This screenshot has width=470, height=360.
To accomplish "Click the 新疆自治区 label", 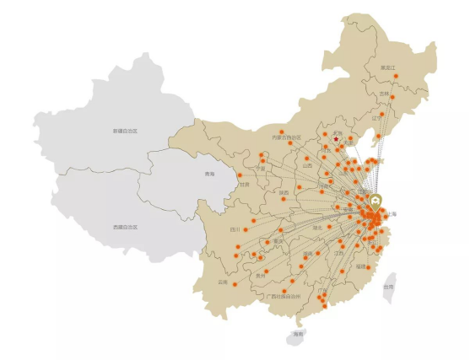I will click(x=125, y=132).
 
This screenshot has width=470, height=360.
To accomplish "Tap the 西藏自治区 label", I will click(x=125, y=227).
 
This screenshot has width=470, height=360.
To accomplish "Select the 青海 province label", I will click(x=209, y=175).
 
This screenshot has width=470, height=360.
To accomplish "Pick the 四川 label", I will click(x=235, y=228).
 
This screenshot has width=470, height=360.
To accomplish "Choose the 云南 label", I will click(x=223, y=282).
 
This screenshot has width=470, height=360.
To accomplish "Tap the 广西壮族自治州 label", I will click(x=283, y=297).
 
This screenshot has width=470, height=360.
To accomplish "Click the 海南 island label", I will click(x=297, y=334).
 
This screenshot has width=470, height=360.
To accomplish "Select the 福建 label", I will click(x=360, y=266).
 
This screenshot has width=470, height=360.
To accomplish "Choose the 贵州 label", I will click(x=261, y=275).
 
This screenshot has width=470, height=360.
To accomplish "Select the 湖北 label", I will click(x=318, y=227).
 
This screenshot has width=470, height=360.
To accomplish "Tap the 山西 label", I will click(x=306, y=166).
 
